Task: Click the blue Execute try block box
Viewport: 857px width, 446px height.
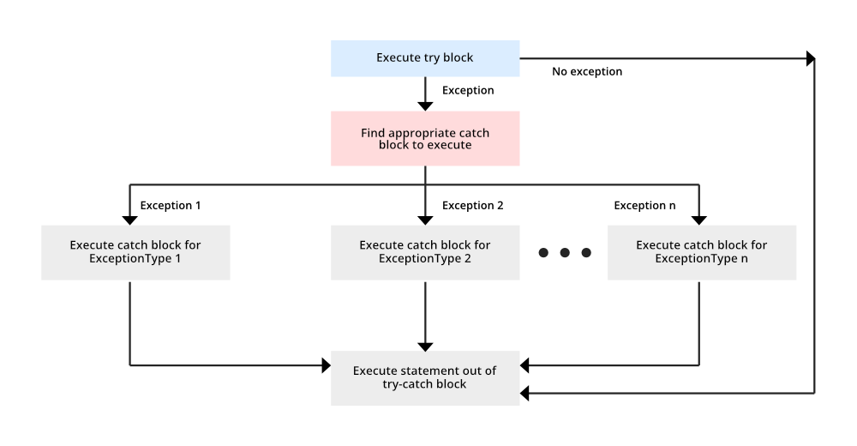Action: [x=425, y=58]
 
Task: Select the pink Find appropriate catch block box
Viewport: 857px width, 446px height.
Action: [x=425, y=138]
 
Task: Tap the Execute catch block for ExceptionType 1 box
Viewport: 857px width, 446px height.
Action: [x=135, y=252]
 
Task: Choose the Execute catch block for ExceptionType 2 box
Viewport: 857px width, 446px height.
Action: [x=425, y=252]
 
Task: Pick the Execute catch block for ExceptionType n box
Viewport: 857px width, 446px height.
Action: [x=702, y=252]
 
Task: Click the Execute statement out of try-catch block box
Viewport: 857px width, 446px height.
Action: [x=425, y=378]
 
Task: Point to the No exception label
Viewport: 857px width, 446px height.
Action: [x=587, y=72]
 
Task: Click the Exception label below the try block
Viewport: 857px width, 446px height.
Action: [x=468, y=90]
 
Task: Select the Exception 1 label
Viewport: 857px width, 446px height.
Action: [x=171, y=205]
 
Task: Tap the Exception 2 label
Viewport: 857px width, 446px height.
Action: [x=473, y=205]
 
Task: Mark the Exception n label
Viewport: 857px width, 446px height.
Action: [x=645, y=205]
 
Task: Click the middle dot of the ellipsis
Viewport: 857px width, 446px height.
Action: [x=565, y=252]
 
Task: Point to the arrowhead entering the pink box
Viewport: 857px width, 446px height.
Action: [x=425, y=106]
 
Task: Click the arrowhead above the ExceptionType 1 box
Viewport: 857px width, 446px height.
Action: [x=129, y=220]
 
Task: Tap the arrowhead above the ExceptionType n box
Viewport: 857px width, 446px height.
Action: [x=699, y=220]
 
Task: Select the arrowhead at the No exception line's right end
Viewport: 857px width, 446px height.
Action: [x=811, y=58]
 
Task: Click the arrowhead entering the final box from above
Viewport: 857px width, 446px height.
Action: [x=425, y=347]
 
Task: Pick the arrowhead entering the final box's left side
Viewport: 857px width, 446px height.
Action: [x=327, y=365]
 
